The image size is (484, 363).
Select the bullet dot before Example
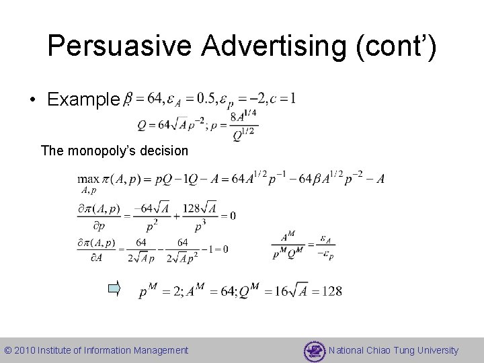coord(32,101)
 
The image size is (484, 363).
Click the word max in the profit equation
coord(88,179)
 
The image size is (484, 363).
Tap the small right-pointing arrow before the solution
coord(115,290)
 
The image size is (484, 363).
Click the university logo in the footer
coord(314,350)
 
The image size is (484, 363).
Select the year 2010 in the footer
coord(25,350)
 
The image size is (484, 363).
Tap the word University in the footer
coord(436,350)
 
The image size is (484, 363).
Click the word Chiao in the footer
coord(378,350)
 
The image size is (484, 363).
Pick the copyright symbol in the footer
coord(8,350)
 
